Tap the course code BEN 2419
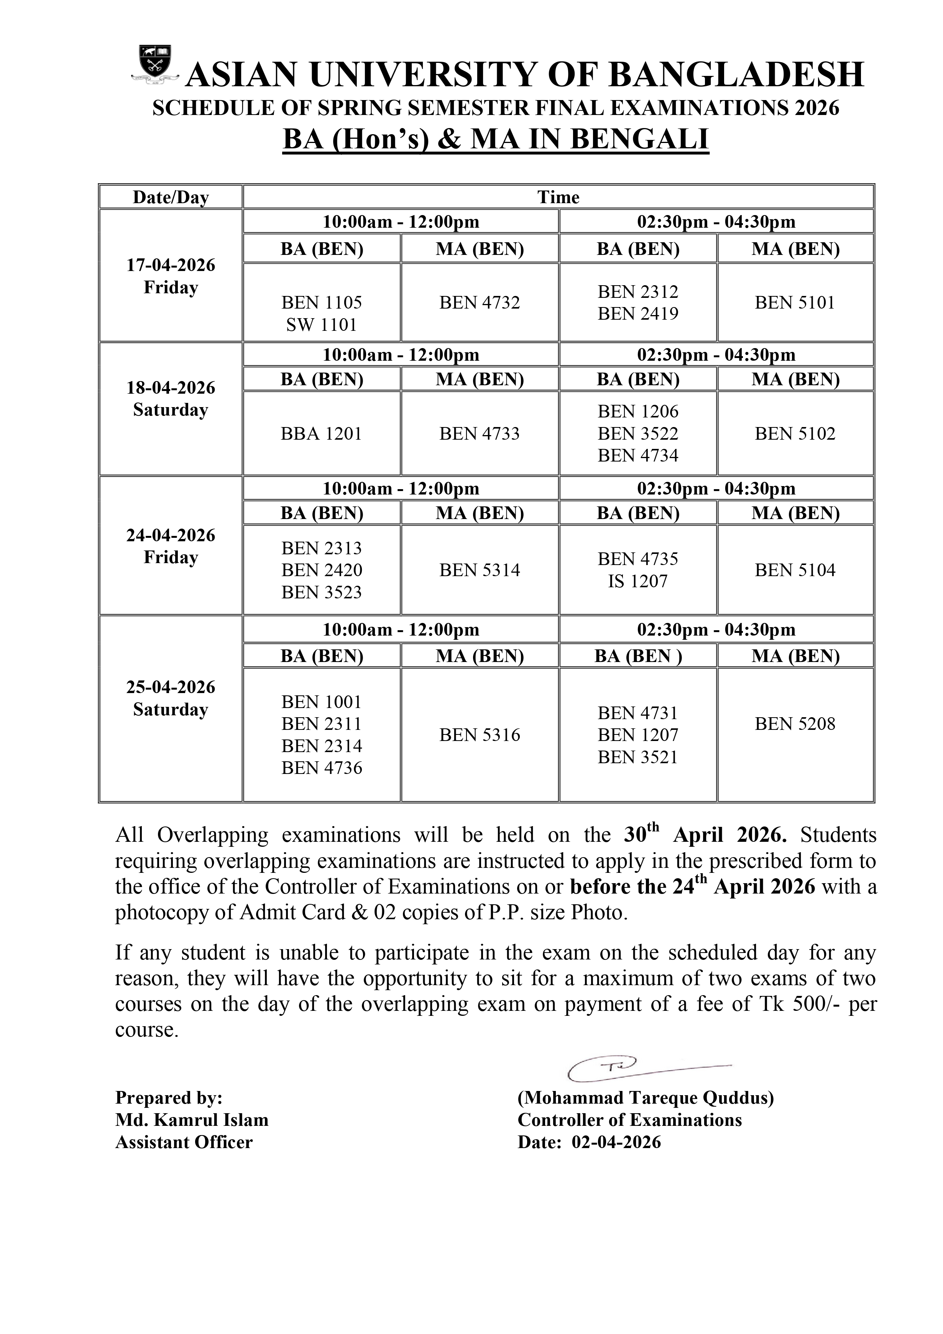coord(637,314)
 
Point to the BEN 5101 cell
coord(795,303)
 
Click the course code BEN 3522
coord(637,434)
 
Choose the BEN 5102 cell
coord(795,434)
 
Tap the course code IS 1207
coord(637,581)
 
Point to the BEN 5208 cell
coord(795,724)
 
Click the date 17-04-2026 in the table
coord(171,266)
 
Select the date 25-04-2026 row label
coord(171,687)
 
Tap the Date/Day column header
coord(171,197)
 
